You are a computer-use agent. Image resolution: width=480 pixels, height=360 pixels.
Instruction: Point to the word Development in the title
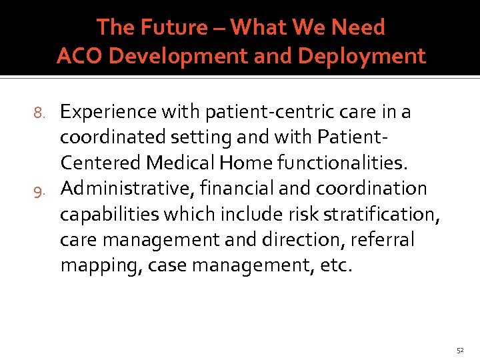pyautogui.click(x=174, y=57)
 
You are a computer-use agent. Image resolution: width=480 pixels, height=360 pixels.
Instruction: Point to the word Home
pyautogui.click(x=250, y=163)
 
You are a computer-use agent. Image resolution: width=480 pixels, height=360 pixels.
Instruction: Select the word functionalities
pyautogui.click(x=346, y=163)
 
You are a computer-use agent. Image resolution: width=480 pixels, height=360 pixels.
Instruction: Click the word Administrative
pyautogui.click(x=124, y=189)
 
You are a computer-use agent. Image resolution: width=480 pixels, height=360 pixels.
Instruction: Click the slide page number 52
pyautogui.click(x=459, y=350)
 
